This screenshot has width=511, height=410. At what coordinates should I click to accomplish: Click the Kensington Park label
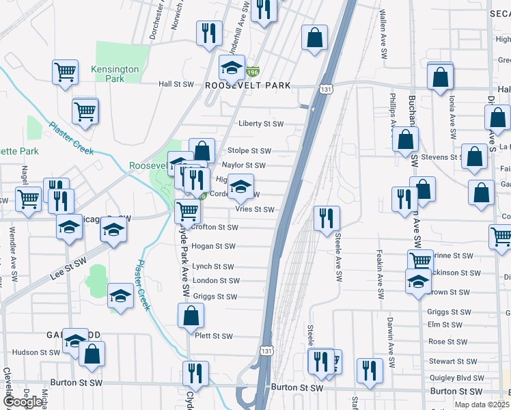coord(114,74)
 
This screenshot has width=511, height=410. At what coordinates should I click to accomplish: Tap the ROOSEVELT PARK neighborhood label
coord(248,85)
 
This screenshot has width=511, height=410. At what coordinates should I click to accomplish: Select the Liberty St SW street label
coord(260,124)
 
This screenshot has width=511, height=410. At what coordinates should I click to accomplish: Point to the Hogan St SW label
coord(213,246)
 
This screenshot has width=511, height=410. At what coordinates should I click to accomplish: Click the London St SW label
coord(216,281)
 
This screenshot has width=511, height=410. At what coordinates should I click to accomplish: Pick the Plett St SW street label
coord(214,336)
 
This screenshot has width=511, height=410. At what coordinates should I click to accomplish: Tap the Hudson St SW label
coord(37,353)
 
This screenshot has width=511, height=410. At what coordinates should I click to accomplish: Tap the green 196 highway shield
coord(253,71)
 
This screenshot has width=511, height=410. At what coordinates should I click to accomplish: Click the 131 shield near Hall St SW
coord(326,89)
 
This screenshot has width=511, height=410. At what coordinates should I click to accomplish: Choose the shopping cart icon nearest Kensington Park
coord(64,71)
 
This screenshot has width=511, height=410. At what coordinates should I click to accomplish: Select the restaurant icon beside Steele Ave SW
coord(327,218)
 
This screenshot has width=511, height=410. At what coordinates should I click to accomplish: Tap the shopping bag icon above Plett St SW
coord(191,316)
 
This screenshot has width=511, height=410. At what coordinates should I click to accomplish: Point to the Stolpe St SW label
coord(248,151)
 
